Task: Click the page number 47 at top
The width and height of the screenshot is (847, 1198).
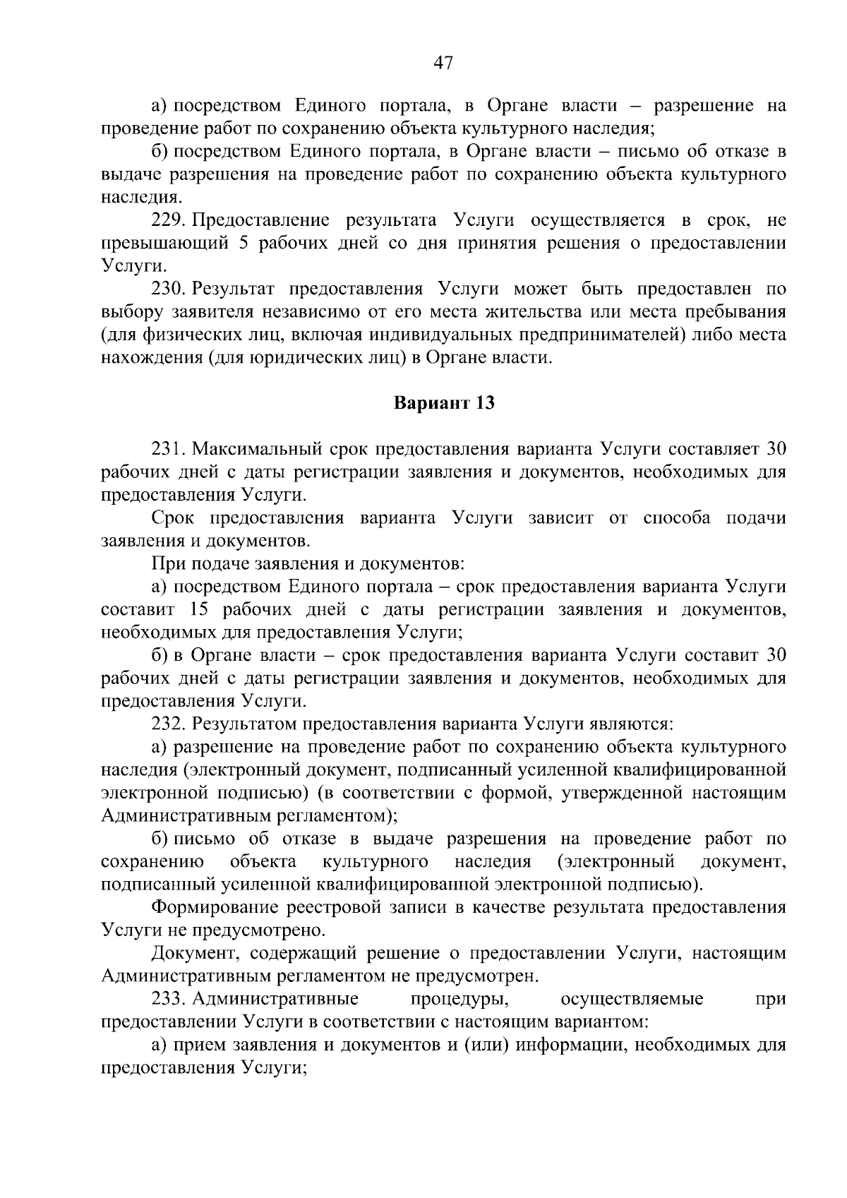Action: [x=442, y=63]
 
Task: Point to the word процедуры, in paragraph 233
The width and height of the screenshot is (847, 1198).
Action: [x=459, y=999]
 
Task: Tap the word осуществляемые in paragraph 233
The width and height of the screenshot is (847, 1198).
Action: [x=632, y=999]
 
